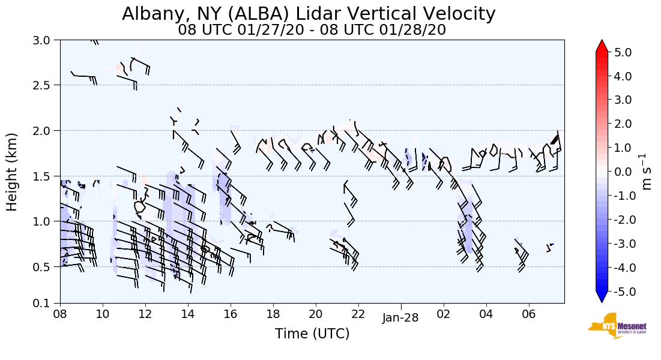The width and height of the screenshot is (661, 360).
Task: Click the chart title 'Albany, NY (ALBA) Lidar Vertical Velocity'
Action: [x=309, y=14]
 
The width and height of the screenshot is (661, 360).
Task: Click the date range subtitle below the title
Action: [x=312, y=30]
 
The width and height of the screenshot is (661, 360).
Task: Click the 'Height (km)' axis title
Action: [x=13, y=172]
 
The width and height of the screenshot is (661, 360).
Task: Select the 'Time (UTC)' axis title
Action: [x=312, y=334]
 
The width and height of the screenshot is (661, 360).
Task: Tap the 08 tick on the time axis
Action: [x=60, y=314]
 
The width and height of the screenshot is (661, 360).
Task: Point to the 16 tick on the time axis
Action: [x=231, y=314]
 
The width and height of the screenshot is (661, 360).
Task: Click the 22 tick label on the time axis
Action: [x=358, y=314]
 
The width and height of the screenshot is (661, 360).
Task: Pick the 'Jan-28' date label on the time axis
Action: [x=400, y=318]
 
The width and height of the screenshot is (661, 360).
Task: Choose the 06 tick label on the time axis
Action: [x=529, y=314]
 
